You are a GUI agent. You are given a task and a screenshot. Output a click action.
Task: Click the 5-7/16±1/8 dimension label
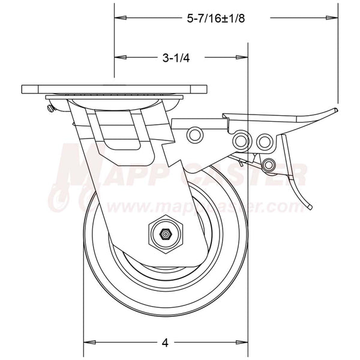pos(213,19)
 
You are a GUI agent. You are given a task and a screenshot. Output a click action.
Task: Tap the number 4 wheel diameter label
pos(164,343)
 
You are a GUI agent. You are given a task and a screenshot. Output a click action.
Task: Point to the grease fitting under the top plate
pos(50,109)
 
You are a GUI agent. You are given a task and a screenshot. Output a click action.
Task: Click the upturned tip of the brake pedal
pos(333,110)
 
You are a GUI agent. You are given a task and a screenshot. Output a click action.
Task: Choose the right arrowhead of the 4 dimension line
pos(243,343)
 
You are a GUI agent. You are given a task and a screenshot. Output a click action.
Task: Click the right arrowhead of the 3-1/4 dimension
pos(243,58)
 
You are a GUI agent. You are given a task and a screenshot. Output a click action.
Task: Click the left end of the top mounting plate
pos(24,89)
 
